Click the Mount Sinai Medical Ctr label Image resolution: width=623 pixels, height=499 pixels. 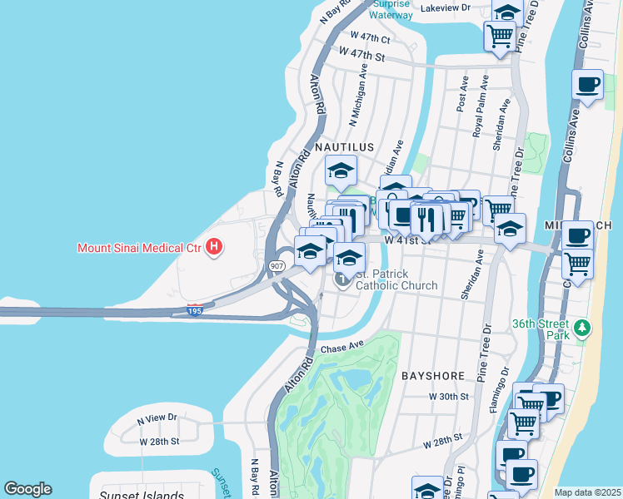141,247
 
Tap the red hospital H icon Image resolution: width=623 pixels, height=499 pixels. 215,246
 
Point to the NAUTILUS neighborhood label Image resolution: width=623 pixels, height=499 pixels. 343,146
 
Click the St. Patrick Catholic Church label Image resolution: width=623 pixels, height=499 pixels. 396,280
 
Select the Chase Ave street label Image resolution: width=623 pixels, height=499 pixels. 342,347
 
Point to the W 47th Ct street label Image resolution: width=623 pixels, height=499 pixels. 371,37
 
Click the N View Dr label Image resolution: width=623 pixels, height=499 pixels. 157,417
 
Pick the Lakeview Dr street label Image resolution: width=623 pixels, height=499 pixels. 446,7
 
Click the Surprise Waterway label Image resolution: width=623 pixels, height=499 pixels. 391,9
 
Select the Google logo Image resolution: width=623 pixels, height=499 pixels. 27,489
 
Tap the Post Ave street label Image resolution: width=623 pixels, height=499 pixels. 462,101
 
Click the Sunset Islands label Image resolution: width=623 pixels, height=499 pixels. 142,496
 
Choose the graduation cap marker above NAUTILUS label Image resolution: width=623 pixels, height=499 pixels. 340,170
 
